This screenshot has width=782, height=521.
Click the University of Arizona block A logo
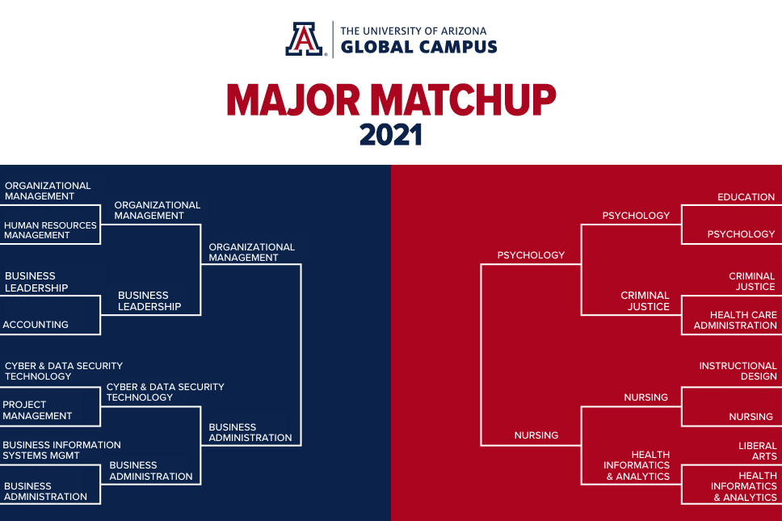[x=305, y=39]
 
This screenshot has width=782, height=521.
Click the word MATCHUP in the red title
[x=464, y=99]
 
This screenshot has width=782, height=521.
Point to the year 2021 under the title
[x=391, y=135]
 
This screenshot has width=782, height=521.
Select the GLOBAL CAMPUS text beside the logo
[x=419, y=47]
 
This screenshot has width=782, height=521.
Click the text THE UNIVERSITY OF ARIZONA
[x=414, y=31]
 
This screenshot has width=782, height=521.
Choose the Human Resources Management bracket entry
[x=50, y=230]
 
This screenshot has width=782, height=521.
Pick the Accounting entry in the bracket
[x=36, y=325]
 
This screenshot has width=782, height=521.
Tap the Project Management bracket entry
[x=37, y=410]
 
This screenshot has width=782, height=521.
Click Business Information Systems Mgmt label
[x=61, y=450]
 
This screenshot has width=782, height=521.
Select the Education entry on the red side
[x=746, y=197]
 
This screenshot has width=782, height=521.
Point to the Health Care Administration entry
[x=735, y=320]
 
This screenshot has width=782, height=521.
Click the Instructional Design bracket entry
[x=738, y=371]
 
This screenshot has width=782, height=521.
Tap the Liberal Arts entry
[x=758, y=451]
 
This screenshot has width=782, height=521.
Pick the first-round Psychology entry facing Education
[x=741, y=233]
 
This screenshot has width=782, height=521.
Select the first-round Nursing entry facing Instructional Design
[x=750, y=416]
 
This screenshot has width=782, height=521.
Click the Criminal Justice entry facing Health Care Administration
[x=751, y=281]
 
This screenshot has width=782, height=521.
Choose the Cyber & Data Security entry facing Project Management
[x=63, y=371]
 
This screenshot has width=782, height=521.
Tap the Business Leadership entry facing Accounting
[x=36, y=282]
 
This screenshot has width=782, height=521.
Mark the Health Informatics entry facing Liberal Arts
[x=743, y=486]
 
